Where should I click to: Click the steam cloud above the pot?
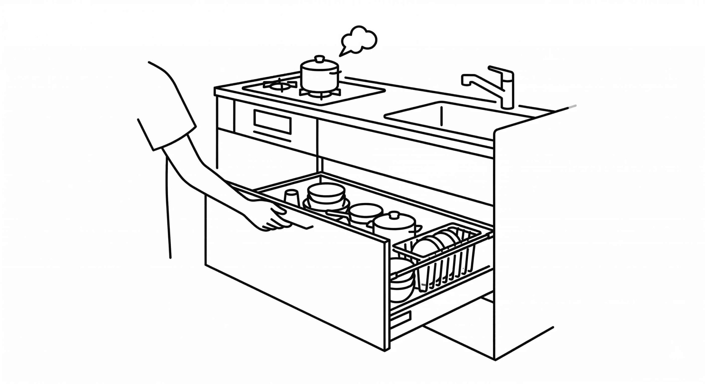(359, 41)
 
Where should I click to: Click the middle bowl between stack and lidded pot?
(366, 212)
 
